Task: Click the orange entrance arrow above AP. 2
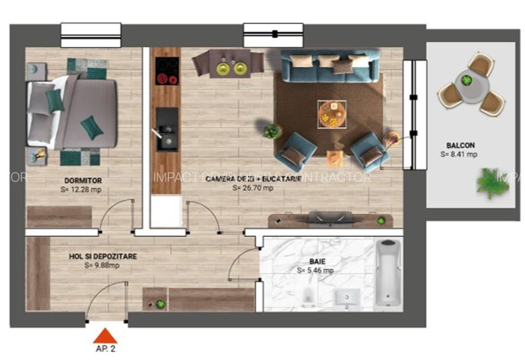(105, 336)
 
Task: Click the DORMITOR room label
(83, 180)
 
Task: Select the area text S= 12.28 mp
(81, 190)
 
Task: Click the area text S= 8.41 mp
(459, 155)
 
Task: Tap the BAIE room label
(316, 261)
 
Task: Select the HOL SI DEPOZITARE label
(103, 256)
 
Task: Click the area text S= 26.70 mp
(253, 188)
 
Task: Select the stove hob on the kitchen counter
(168, 71)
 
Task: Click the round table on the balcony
(466, 80)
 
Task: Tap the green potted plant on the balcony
(493, 182)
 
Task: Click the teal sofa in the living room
(330, 65)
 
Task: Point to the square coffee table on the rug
(331, 114)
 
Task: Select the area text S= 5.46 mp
(316, 271)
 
